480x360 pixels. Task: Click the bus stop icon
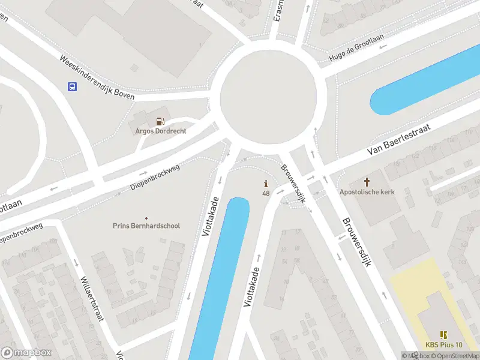point(72,86)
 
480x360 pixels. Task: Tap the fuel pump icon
point(160,121)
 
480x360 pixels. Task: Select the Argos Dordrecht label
point(160,131)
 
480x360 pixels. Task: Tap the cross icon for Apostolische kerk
point(367,181)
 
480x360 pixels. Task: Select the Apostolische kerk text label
point(367,193)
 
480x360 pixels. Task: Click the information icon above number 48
point(266,184)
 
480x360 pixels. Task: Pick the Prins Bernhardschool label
point(146,226)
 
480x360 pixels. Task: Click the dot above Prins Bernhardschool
point(146,217)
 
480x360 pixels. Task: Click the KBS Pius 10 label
point(444,345)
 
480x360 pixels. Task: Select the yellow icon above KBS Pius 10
point(443,335)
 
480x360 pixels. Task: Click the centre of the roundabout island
point(268,96)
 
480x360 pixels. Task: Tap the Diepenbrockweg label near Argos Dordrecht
point(155,178)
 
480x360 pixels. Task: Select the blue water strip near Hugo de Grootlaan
point(420,84)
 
